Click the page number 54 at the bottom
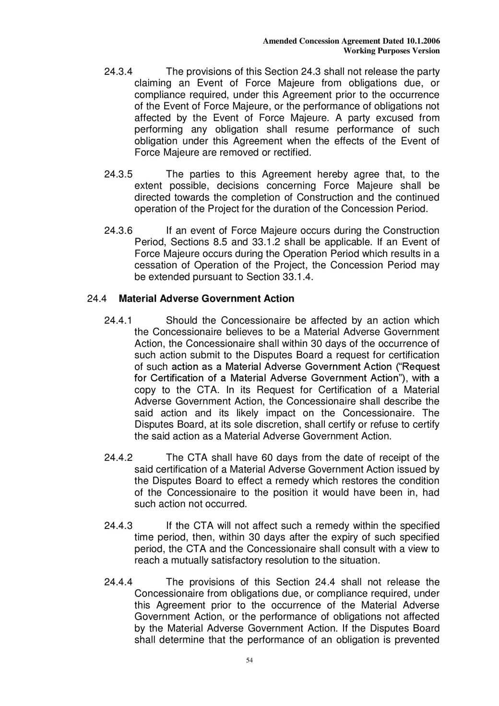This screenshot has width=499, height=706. point(249,660)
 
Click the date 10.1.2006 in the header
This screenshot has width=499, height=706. point(423,41)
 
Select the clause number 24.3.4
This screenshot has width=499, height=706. point(118,72)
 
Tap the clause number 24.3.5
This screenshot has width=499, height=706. point(118,174)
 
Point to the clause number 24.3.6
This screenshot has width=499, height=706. point(118,231)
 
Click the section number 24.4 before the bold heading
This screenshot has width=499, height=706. point(96,299)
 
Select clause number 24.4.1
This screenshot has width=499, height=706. point(118,321)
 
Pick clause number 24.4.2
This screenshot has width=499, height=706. point(118,458)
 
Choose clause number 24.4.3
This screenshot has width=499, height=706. point(118,526)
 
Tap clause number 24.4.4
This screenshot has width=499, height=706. point(118,583)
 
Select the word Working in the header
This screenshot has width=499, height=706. point(358,51)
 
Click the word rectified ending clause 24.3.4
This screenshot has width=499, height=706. point(292,153)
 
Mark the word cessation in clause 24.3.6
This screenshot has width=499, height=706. point(156,265)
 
